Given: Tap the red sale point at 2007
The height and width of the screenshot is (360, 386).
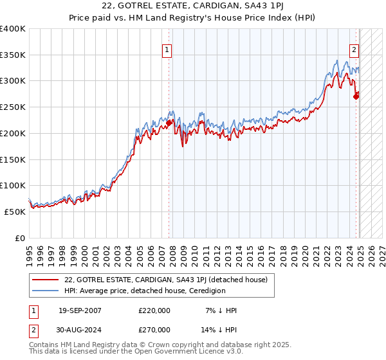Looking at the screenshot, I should tap(169, 123).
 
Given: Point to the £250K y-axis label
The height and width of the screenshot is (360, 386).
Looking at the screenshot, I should tap(14, 107).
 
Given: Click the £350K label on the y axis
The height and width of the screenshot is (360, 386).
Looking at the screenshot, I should tap(14, 55).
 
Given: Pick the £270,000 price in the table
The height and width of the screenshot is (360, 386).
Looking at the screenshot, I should tap(154, 329).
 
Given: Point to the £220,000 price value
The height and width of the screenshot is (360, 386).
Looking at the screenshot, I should tap(154, 311).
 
